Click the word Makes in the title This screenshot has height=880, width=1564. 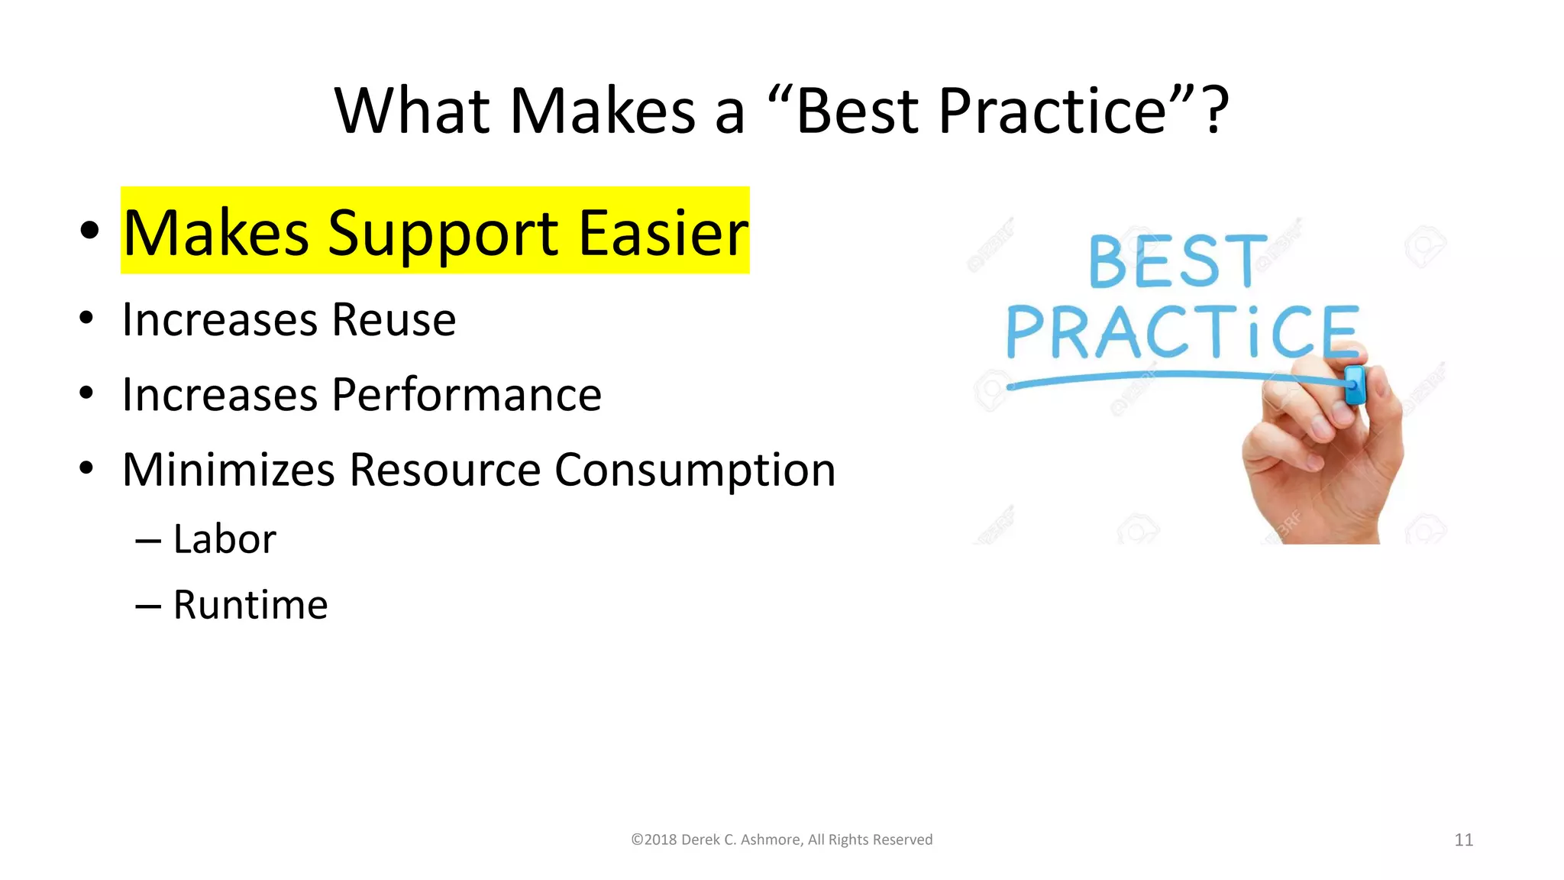coord(602,112)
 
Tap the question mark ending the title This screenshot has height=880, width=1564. coord(1215,112)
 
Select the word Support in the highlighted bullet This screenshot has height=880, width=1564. coord(443,234)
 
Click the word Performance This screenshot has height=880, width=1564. coord(467,395)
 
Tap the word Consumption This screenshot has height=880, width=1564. coord(694,471)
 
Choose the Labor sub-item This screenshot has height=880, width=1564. coord(225,539)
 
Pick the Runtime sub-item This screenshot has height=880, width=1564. coord(250,605)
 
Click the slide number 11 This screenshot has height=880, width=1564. coord(1463,840)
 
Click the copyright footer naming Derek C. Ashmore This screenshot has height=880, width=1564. coord(781,840)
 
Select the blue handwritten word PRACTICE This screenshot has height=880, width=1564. coord(1181,332)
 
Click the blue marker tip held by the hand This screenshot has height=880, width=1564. coord(1354,384)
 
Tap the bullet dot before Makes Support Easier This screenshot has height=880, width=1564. coord(89,230)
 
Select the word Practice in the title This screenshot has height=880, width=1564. coord(1052,112)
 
